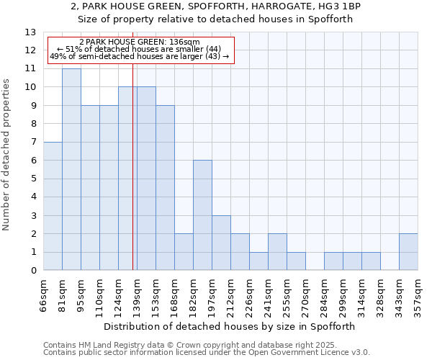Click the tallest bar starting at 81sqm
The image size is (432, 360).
(x=71, y=169)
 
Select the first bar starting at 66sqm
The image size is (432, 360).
(x=53, y=206)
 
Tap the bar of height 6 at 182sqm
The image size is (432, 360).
(x=202, y=215)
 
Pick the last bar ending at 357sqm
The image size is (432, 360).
(x=408, y=252)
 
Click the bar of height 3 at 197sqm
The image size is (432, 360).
(x=221, y=243)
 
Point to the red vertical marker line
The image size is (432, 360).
(x=133, y=180)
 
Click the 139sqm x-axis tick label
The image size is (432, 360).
(x=137, y=294)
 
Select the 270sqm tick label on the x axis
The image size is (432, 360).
(x=305, y=294)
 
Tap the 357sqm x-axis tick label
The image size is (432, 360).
(x=418, y=294)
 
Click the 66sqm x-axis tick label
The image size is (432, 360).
(x=43, y=294)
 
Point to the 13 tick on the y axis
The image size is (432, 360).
(x=30, y=32)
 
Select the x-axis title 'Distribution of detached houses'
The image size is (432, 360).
(x=230, y=326)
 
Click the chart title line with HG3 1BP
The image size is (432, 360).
(x=216, y=6)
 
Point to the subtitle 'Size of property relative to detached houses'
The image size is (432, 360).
(x=216, y=19)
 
